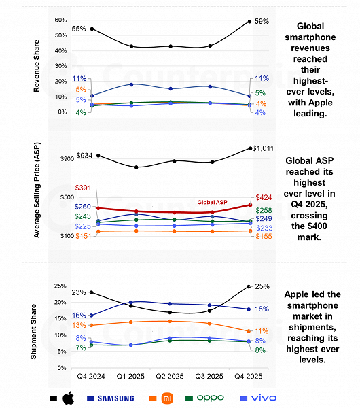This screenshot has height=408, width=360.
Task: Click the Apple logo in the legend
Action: point(67,397)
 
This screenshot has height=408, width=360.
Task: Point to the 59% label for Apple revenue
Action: point(262,22)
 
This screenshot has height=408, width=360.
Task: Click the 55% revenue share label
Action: point(79,29)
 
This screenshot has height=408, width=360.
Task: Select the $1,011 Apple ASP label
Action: point(263,148)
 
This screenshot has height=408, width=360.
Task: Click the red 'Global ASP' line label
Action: point(213,202)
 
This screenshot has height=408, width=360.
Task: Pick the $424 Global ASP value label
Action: point(264,199)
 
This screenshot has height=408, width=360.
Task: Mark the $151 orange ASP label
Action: point(83,236)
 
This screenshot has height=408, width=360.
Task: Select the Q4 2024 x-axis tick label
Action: point(91,376)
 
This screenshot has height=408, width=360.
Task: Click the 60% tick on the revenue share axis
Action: point(60,20)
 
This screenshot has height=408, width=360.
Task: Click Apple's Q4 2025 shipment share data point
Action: point(249,286)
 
